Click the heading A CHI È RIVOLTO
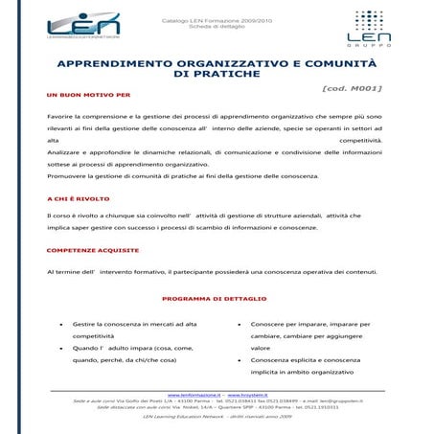tap(79, 198)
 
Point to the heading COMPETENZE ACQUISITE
tap(92, 251)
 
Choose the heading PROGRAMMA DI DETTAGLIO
tap(217, 298)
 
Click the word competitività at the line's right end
tap(359, 140)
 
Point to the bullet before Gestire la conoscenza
tap(62, 325)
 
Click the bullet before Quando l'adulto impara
tap(62, 349)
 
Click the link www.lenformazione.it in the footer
tap(194, 394)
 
